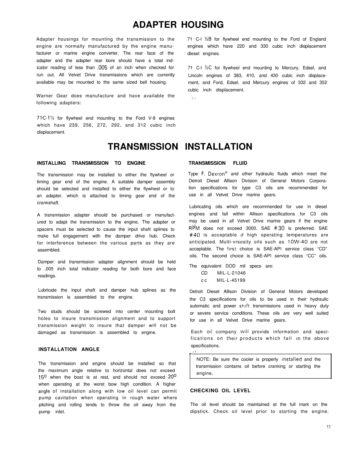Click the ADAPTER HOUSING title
click(x=178, y=25)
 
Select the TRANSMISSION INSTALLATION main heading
click(x=180, y=146)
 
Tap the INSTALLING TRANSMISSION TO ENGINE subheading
click(x=91, y=163)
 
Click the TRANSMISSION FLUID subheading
click(x=218, y=163)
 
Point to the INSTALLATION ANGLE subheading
click(x=69, y=349)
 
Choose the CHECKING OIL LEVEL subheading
click(x=220, y=391)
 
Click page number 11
click(x=329, y=427)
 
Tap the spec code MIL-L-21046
click(x=231, y=273)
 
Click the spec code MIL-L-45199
click(x=231, y=280)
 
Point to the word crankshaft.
click(x=48, y=203)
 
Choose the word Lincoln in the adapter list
click(x=195, y=75)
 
